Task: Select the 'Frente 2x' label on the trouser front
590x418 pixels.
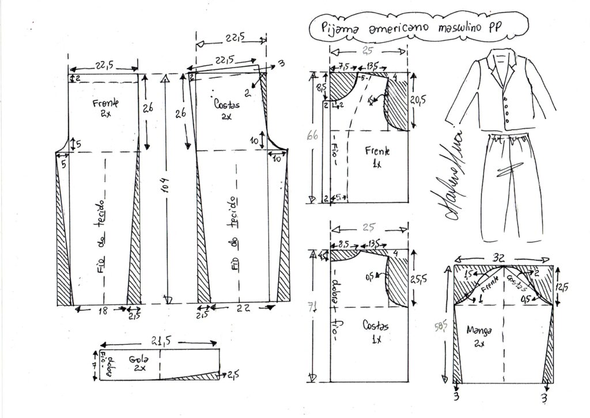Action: tap(105, 107)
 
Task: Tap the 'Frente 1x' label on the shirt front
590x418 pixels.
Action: tap(377, 156)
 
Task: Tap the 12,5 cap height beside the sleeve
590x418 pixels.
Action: tap(563, 286)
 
